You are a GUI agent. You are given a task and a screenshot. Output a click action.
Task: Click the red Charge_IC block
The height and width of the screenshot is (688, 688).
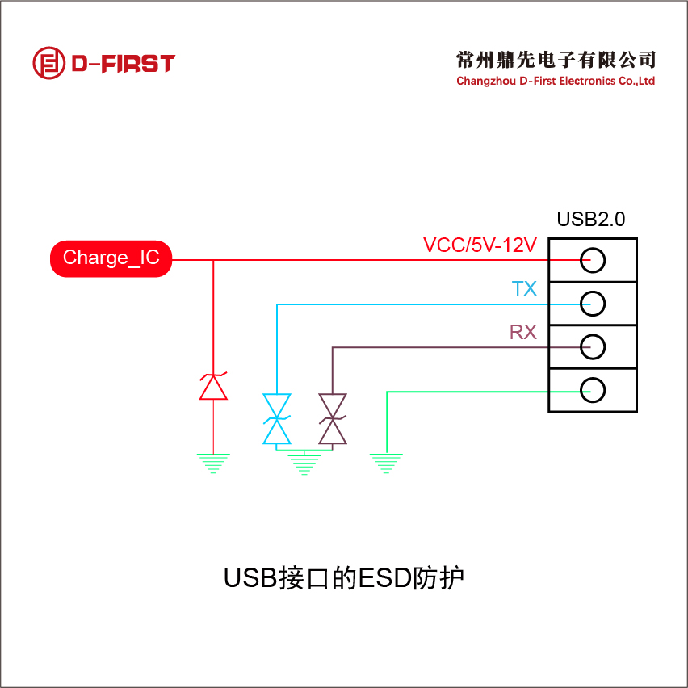click(111, 259)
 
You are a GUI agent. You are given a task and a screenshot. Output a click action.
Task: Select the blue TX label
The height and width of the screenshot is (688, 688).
click(524, 289)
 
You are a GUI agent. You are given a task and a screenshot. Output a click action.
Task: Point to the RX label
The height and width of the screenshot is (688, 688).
click(523, 332)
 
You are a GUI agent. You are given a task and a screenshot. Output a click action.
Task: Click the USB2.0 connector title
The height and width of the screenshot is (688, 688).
click(591, 219)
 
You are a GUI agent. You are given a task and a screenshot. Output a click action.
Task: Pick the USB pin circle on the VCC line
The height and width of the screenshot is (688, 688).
click(593, 260)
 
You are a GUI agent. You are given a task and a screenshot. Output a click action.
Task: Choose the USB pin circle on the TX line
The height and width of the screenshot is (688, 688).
click(593, 303)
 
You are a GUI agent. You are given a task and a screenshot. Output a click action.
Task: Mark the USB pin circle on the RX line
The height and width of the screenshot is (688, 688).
click(593, 346)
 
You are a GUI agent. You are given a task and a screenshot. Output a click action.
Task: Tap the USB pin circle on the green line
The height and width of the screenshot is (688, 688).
click(593, 390)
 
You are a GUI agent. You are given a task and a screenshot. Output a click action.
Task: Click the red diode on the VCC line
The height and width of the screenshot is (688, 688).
click(213, 386)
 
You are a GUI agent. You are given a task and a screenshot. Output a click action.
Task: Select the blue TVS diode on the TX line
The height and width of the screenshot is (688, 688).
click(277, 418)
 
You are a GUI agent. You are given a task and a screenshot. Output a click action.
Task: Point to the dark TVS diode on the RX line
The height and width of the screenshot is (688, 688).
click(333, 418)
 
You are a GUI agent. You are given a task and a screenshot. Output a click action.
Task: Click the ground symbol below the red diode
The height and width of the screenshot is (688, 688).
click(213, 463)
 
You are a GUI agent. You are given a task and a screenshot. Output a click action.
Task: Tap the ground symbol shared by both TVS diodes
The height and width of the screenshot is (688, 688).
click(304, 464)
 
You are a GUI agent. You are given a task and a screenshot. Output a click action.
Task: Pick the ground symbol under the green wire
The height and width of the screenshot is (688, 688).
click(387, 463)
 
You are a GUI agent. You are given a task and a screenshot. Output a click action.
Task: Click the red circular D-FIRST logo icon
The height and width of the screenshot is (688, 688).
click(48, 63)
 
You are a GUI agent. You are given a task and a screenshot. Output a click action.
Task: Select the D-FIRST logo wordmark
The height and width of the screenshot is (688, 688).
click(123, 64)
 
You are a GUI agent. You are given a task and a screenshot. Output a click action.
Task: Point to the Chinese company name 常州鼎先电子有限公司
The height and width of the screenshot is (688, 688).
click(556, 59)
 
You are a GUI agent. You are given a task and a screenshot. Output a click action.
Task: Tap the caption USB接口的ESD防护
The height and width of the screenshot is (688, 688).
click(344, 578)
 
